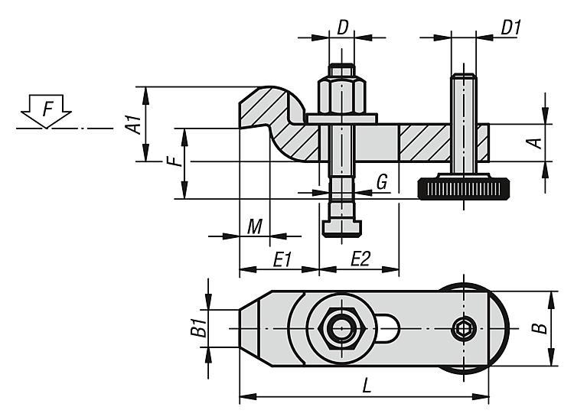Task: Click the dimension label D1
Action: [x=510, y=27]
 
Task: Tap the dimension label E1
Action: [x=282, y=259]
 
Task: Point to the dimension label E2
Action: [x=360, y=259]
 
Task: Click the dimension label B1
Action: [x=198, y=327]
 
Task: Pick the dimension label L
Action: [x=367, y=386]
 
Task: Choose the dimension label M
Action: [x=255, y=226]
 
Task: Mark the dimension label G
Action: [x=382, y=182]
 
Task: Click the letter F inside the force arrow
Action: [x=47, y=109]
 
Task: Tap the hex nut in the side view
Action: [x=341, y=95]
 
